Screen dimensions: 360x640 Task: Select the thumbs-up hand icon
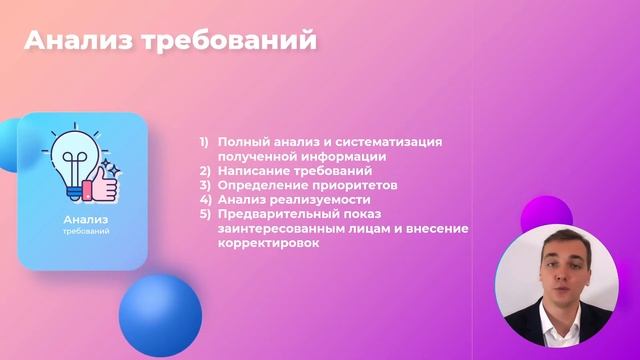tap(103, 184)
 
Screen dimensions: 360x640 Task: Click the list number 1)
tap(204, 142)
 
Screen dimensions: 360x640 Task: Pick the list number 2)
tap(204, 171)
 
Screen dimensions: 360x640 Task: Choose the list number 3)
tap(204, 185)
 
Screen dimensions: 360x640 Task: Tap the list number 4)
tap(204, 199)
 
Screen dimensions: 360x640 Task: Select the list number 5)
tap(204, 214)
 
